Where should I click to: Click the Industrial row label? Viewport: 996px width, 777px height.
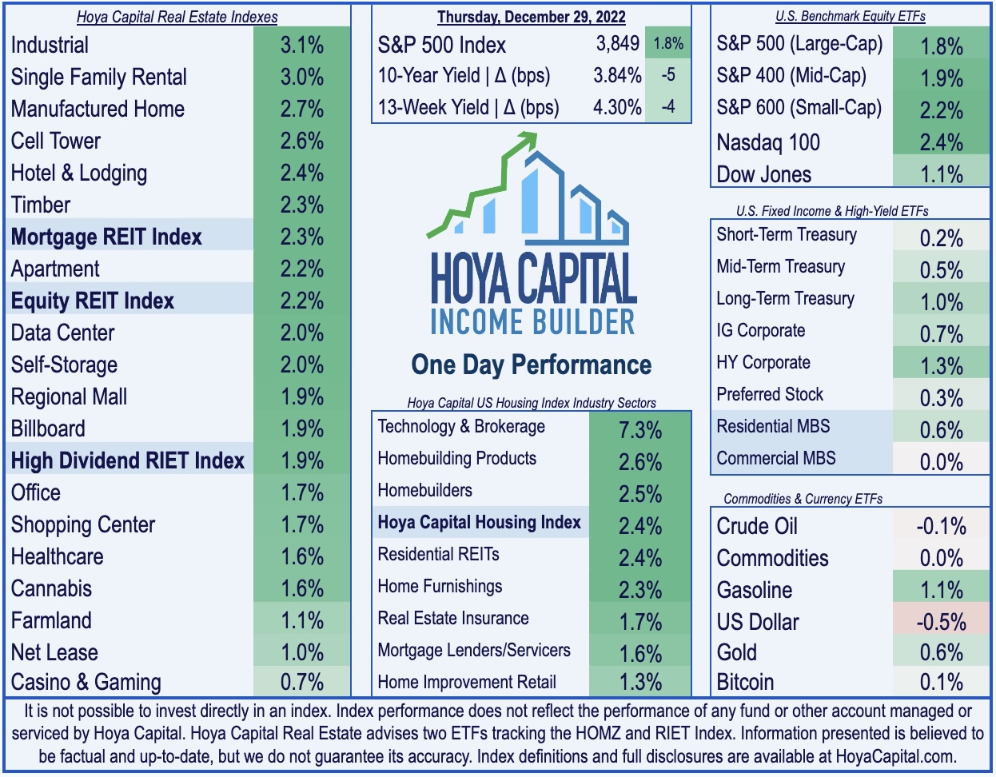tap(50, 46)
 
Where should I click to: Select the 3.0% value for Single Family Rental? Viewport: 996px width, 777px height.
tap(302, 78)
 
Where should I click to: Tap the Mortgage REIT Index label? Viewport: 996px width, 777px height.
tap(106, 237)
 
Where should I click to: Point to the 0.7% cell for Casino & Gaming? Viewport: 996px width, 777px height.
tap(302, 683)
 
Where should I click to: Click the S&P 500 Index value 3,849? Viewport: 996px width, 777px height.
tap(617, 44)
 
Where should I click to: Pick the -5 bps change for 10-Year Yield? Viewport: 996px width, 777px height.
tap(668, 75)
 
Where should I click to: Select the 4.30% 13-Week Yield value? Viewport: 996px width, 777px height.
tap(617, 107)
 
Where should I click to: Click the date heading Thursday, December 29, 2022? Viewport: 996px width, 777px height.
tap(531, 17)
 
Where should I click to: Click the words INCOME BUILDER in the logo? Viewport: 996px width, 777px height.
tap(532, 321)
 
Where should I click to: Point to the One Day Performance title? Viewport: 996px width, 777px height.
tap(532, 365)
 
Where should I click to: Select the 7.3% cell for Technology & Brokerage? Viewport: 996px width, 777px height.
tap(640, 430)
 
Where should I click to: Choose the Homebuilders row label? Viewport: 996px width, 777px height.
tap(425, 491)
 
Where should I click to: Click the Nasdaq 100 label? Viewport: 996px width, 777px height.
tap(768, 142)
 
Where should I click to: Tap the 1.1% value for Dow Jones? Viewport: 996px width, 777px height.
tap(942, 174)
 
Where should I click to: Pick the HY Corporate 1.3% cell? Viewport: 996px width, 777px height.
tap(942, 366)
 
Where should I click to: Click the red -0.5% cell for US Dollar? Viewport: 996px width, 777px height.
tap(942, 622)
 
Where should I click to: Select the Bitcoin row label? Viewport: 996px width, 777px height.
tap(745, 683)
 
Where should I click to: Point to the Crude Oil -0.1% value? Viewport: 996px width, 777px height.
tap(942, 526)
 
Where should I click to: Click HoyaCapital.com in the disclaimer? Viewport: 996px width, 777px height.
tap(894, 757)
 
